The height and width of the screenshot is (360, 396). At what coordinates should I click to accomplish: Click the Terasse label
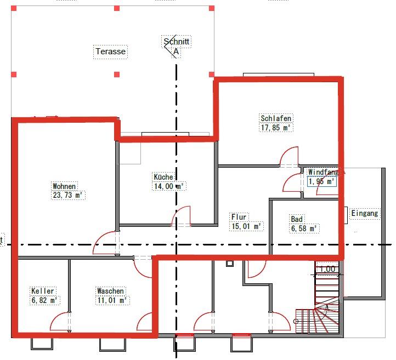pyautogui.click(x=111, y=52)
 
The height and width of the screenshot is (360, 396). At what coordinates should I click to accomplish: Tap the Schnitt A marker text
pyautogui.click(x=177, y=47)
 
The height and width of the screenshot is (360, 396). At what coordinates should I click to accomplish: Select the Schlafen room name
pyautogui.click(x=276, y=118)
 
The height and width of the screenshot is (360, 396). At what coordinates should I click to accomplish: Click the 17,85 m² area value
pyautogui.click(x=276, y=128)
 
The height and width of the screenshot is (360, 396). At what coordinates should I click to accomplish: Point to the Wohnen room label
pyautogui.click(x=65, y=186)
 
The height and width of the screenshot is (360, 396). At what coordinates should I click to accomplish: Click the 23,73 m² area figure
pyautogui.click(x=67, y=195)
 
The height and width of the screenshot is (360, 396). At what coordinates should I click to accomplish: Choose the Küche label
pyautogui.click(x=163, y=177)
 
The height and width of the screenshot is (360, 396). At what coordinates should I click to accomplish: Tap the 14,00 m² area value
pyautogui.click(x=169, y=186)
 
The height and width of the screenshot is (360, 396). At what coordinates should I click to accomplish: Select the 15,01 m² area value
pyautogui.click(x=246, y=226)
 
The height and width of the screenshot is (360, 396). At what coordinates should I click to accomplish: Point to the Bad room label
pyautogui.click(x=297, y=219)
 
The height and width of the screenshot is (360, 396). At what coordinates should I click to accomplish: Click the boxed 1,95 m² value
pyautogui.click(x=321, y=181)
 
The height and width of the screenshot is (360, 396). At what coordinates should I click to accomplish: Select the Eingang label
pyautogui.click(x=365, y=214)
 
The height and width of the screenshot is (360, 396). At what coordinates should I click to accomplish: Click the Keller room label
pyautogui.click(x=43, y=291)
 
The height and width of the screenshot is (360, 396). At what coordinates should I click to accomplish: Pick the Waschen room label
pyautogui.click(x=111, y=291)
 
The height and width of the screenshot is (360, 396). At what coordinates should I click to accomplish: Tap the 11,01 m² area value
pyautogui.click(x=112, y=300)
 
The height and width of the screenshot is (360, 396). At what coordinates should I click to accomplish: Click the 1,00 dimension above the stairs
pyautogui.click(x=327, y=269)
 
